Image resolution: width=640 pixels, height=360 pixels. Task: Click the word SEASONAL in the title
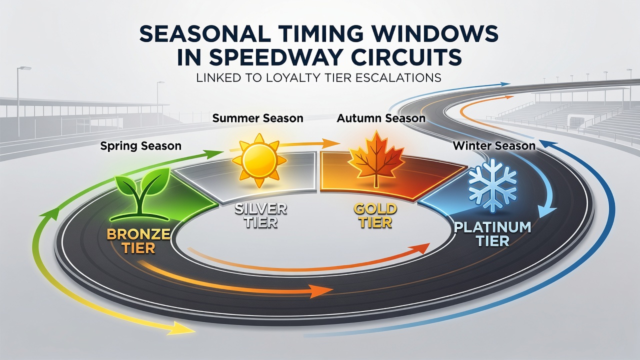(x=205, y=34)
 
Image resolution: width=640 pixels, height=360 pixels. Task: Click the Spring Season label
(x=141, y=146)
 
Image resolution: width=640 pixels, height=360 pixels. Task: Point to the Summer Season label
(x=257, y=118)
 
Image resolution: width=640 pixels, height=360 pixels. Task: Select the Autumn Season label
(x=381, y=118)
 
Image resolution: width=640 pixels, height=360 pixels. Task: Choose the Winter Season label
(x=494, y=145)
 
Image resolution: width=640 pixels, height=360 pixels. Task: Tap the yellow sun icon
(x=259, y=160)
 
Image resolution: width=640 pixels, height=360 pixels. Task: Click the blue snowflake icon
(x=492, y=185)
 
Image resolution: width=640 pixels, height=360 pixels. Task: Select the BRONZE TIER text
(x=138, y=241)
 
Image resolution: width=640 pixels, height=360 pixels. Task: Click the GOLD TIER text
(x=375, y=215)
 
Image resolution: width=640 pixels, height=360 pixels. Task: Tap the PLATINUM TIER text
(x=492, y=234)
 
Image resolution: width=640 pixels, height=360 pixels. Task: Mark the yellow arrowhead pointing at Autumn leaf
(x=330, y=143)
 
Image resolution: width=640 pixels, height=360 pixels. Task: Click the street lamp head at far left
(x=25, y=68)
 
